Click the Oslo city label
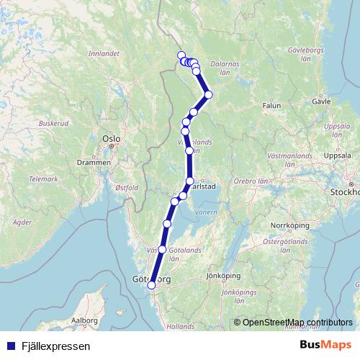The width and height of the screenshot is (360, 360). tap(110, 137)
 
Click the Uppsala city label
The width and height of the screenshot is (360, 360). tap(338, 156)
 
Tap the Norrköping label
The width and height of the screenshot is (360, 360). tap(287, 225)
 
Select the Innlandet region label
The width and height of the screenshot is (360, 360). tap(103, 53)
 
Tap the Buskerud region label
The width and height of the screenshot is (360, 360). tap(53, 123)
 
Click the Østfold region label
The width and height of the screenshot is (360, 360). tap(125, 186)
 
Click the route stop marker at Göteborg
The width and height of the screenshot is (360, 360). tap(151, 286)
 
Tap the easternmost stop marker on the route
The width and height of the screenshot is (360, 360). tap(209, 94)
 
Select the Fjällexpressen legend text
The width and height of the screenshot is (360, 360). tap(54, 346)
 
